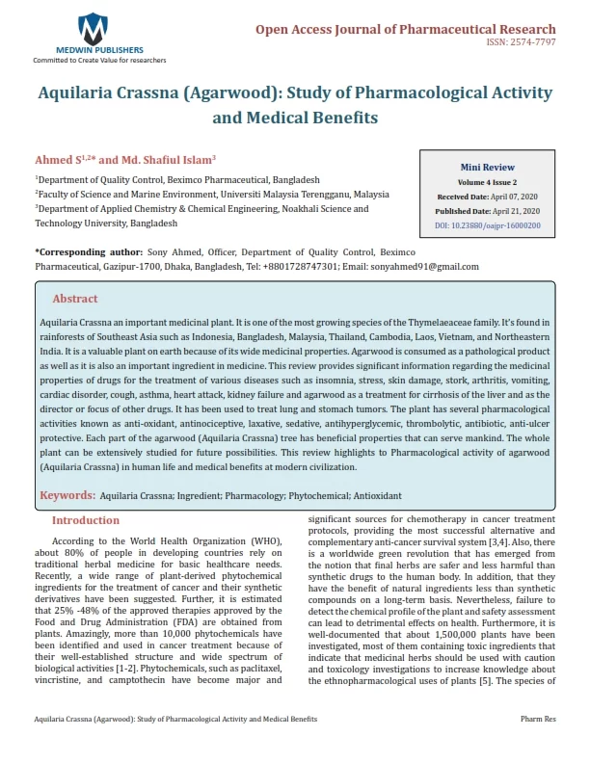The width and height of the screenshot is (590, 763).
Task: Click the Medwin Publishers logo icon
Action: point(93,26)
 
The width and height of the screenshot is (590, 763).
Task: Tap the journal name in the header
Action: point(405,29)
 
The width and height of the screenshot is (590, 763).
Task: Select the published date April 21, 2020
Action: point(511,210)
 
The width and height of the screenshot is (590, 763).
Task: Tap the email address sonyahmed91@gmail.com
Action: point(396,265)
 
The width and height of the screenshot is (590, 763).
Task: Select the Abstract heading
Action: point(75,299)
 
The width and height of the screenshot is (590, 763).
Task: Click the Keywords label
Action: point(67,495)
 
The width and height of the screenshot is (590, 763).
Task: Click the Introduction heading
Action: point(86,520)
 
